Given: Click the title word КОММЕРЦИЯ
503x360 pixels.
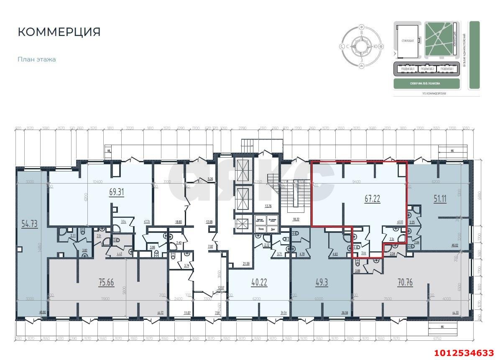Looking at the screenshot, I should point(59,32).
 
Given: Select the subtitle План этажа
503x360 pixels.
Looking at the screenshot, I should point(37,59).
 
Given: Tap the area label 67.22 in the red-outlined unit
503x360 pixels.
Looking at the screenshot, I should point(373,199).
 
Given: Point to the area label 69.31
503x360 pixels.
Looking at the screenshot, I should point(117,193).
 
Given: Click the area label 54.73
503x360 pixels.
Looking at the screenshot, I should point(30,224).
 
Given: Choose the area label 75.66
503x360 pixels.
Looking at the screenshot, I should point(106,282).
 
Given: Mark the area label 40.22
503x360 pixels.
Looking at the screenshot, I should point(259,282).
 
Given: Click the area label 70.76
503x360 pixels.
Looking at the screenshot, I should point(405,282).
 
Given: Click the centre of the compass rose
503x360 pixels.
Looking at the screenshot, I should point(361,46).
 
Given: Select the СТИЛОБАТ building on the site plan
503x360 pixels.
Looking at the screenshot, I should point(408,41).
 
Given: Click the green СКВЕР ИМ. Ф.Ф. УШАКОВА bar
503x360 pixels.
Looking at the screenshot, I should point(427,84).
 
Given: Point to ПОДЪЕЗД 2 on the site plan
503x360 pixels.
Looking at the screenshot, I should point(427,69).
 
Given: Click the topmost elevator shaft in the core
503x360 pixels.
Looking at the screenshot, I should point(243,171).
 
